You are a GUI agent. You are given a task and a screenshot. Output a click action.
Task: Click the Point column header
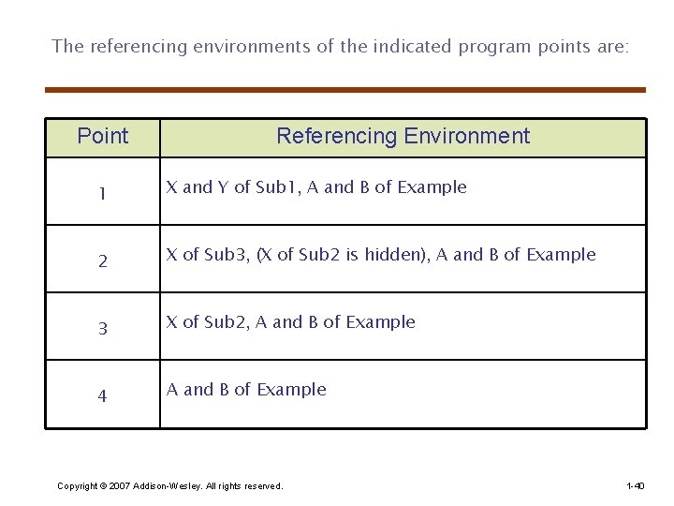point(103,137)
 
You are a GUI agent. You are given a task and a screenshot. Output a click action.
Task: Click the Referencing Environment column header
point(403,137)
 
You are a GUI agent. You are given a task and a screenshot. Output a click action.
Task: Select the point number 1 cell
point(103,194)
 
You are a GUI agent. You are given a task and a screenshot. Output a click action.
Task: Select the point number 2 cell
point(103,261)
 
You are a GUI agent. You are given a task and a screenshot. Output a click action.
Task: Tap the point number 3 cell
point(103,329)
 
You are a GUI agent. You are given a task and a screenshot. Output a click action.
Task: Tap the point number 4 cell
point(103,396)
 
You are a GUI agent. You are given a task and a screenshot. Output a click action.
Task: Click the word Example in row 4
point(291,390)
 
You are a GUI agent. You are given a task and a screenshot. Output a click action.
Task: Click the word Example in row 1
point(432,187)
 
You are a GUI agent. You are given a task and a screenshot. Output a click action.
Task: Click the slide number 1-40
point(635,486)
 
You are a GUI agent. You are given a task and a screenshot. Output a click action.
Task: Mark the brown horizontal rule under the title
point(345,90)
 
